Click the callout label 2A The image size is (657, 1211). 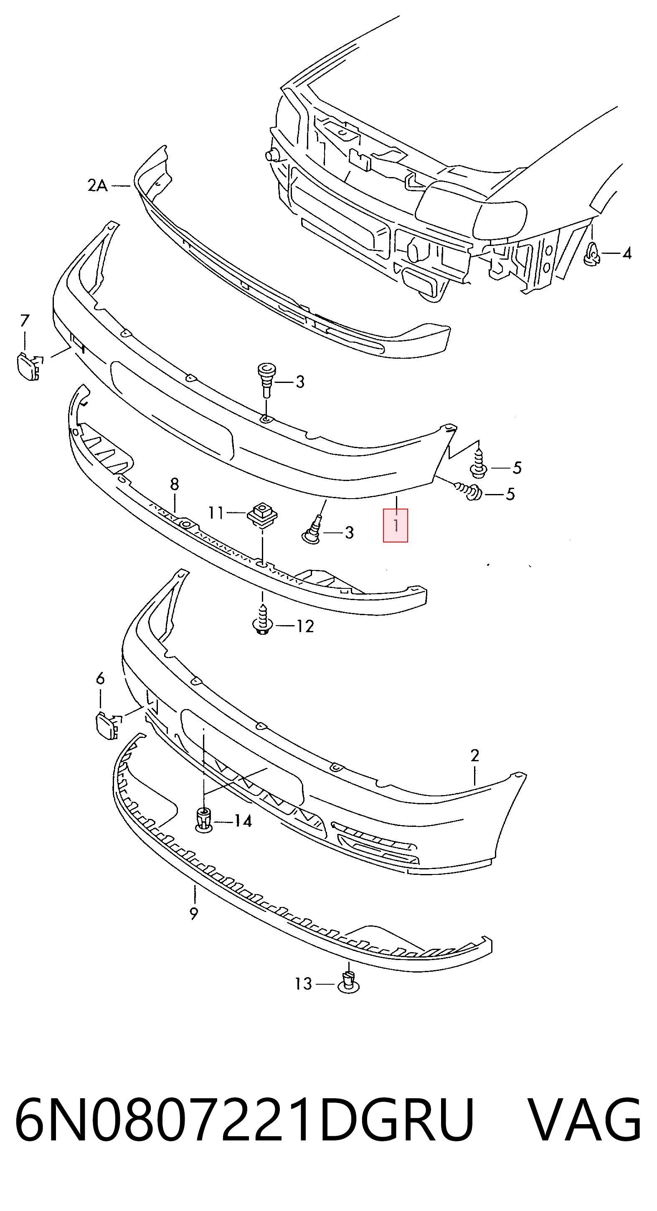coord(98,186)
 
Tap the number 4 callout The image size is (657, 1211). coord(627,253)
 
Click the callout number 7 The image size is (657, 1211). coord(25,321)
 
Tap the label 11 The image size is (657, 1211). coord(216,512)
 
